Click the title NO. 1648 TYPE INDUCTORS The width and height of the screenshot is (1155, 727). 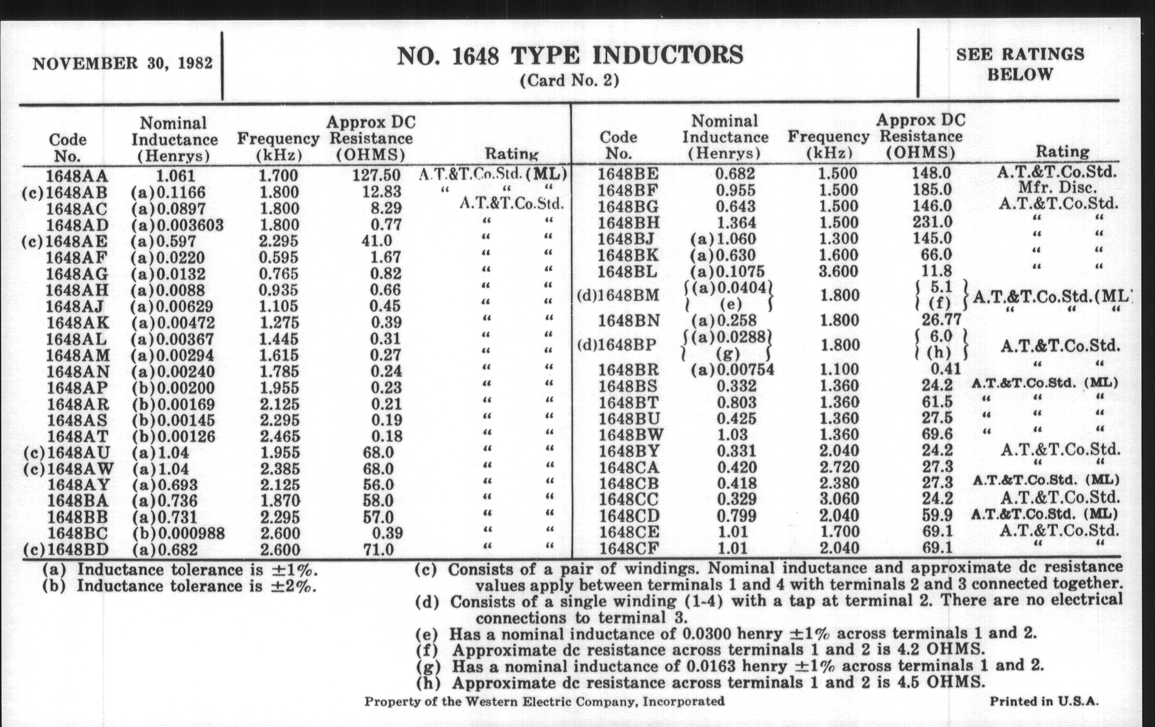570,56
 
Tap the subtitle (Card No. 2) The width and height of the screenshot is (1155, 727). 569,80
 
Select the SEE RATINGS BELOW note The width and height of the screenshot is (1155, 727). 1020,64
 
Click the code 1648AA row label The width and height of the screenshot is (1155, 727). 77,176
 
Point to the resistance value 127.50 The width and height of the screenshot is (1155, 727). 376,175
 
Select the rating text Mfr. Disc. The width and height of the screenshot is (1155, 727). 1058,188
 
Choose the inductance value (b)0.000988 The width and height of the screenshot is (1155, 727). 178,533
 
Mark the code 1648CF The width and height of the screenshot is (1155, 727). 628,548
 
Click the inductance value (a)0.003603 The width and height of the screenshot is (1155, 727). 177,225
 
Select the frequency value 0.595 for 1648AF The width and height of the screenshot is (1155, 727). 278,257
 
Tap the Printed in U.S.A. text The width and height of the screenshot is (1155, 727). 1044,701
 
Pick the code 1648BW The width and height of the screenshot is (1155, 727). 631,435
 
